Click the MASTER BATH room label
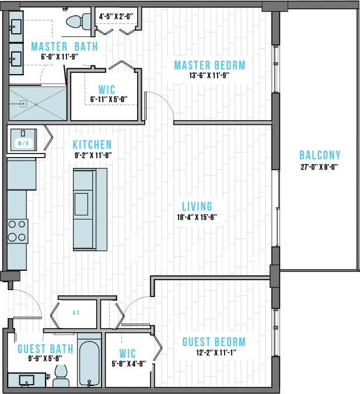pyautogui.click(x=64, y=47)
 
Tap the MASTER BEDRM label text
pyautogui.click(x=209, y=65)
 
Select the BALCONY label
pyautogui.click(x=320, y=155)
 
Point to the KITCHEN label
pyautogui.click(x=92, y=144)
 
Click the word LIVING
pyautogui.click(x=197, y=206)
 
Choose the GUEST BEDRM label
pyautogui.click(x=214, y=342)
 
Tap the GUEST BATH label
pyautogui.click(x=46, y=349)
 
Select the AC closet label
pyautogui.click(x=76, y=313)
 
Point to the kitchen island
pyautogui.click(x=90, y=208)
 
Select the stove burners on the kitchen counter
pyautogui.click(x=17, y=230)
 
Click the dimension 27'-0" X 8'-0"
pyautogui.click(x=320, y=166)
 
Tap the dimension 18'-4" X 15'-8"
pyautogui.click(x=197, y=217)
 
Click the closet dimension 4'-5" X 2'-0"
pyautogui.click(x=116, y=16)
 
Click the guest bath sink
pyautogui.click(x=27, y=380)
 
